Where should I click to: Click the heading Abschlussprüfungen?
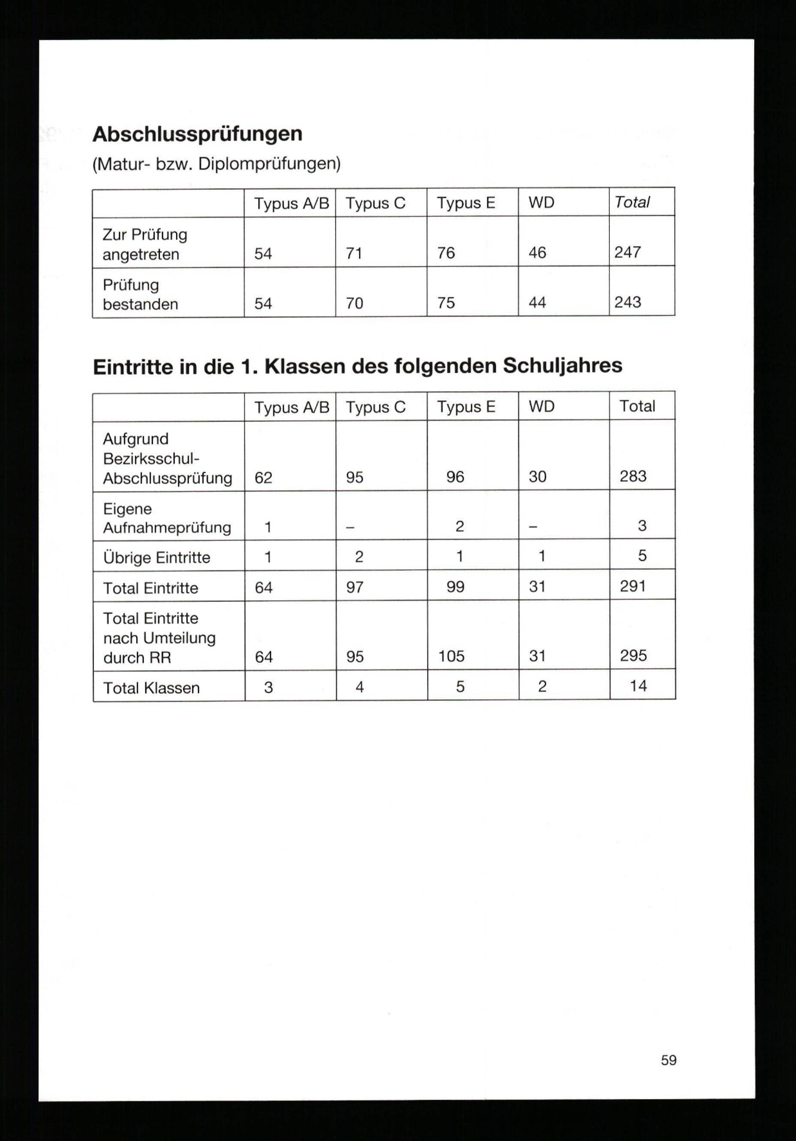[197, 134]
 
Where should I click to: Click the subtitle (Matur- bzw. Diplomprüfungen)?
[217, 164]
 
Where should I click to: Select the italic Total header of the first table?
[632, 202]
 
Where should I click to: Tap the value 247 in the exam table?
[627, 252]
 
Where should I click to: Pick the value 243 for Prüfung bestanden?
[628, 302]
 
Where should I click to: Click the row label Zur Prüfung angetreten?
[144, 245]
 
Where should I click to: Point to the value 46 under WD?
[537, 253]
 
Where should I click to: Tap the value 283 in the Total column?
[633, 476]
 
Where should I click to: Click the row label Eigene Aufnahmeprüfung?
[167, 518]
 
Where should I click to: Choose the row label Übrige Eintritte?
[156, 558]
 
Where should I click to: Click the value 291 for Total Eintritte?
[633, 586]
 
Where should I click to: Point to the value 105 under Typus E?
[451, 656]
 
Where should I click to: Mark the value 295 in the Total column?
[633, 656]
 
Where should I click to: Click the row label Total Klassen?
[151, 688]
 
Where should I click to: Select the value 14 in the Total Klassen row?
[638, 686]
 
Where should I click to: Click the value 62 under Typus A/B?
[263, 478]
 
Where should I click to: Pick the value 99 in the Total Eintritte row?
[455, 587]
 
